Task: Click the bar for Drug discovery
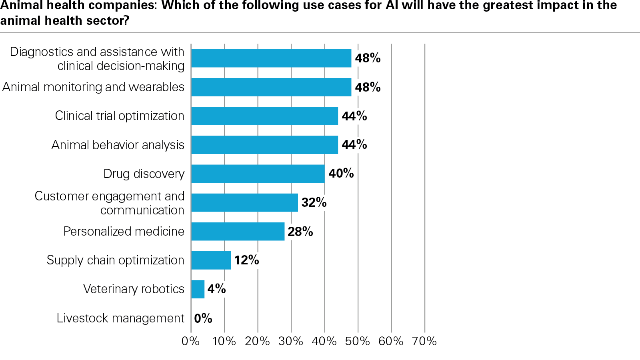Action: click(x=258, y=174)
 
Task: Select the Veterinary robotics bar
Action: click(x=198, y=289)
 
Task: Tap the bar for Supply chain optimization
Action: click(x=211, y=260)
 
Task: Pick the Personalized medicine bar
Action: click(x=238, y=232)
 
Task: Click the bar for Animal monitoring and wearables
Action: click(x=271, y=87)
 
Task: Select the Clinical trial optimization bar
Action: click(x=264, y=116)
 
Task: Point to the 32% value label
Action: click(x=314, y=203)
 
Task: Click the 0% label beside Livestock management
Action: click(x=203, y=318)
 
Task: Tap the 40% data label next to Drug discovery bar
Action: click(x=341, y=174)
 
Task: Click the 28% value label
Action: click(x=300, y=232)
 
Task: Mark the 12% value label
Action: click(x=246, y=260)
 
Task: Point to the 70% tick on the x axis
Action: click(x=424, y=341)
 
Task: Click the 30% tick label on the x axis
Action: click(x=291, y=341)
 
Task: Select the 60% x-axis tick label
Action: click(x=391, y=341)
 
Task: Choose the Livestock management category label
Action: click(x=120, y=318)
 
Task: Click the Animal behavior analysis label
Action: click(x=118, y=145)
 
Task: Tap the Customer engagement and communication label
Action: click(x=110, y=203)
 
